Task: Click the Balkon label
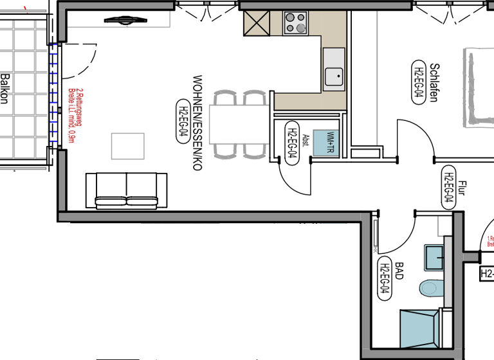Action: click(6, 88)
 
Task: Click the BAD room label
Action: click(399, 271)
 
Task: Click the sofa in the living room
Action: click(127, 190)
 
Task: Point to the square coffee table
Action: click(128, 145)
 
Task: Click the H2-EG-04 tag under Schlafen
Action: click(418, 82)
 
